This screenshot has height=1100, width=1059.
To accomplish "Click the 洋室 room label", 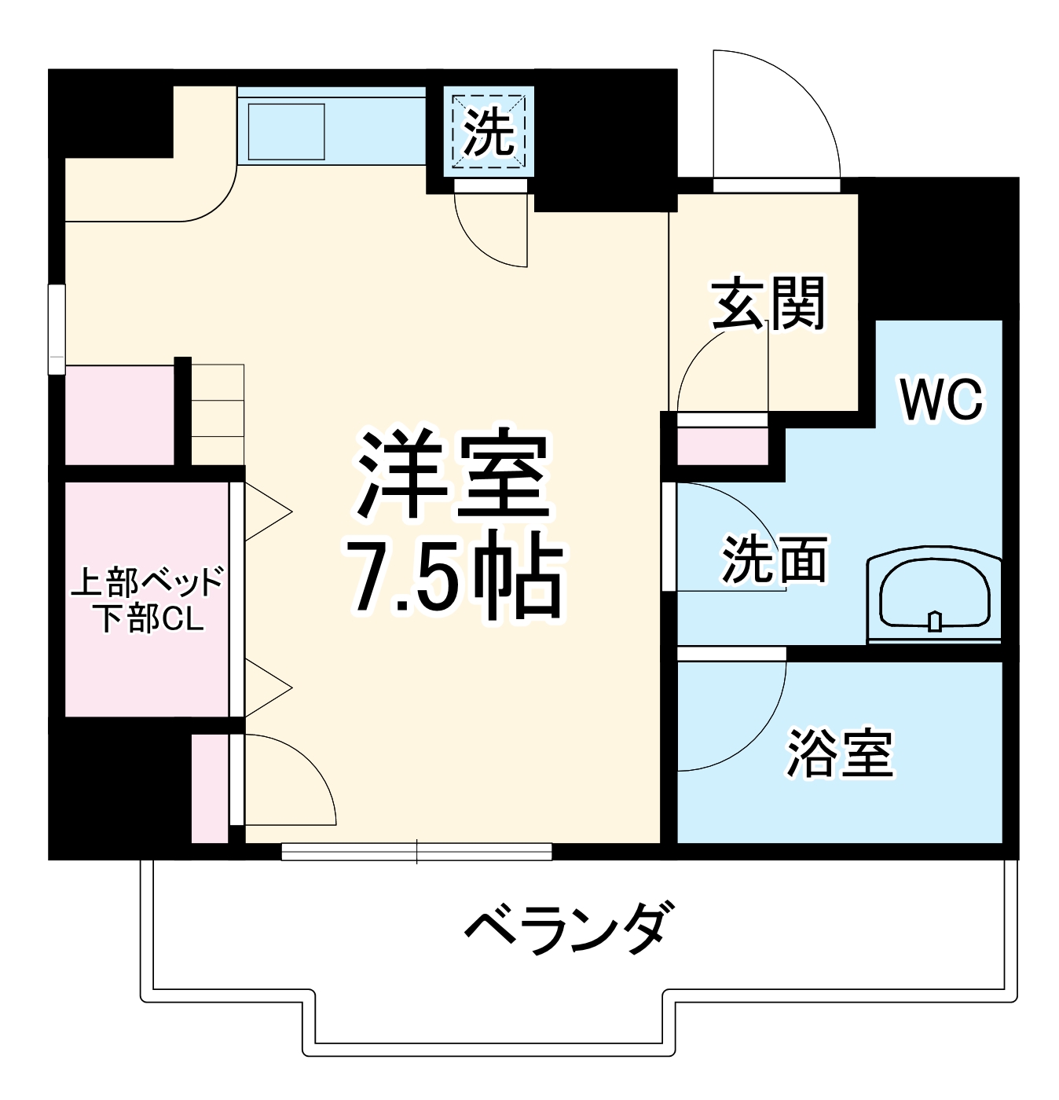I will tap(453, 476).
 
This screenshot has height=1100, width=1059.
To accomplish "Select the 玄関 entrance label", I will tap(768, 303).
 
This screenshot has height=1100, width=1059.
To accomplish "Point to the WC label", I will tap(941, 400).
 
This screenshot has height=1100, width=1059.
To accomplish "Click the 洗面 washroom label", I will tap(774, 559).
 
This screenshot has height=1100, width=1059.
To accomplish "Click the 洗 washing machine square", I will tap(489, 132).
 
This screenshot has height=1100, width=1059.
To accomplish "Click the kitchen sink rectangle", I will tap(287, 130).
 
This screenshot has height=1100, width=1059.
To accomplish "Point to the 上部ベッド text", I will tap(147, 582).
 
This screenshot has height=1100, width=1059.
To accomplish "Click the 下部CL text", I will tap(149, 619).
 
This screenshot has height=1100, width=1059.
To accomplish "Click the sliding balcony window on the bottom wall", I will tap(416, 851).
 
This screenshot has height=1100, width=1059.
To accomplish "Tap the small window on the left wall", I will tap(57, 329).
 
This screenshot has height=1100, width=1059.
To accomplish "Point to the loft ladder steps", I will tap(218, 413).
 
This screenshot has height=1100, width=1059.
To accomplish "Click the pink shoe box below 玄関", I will tap(723, 447).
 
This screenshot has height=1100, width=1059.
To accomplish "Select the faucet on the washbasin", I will tap(934, 621).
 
